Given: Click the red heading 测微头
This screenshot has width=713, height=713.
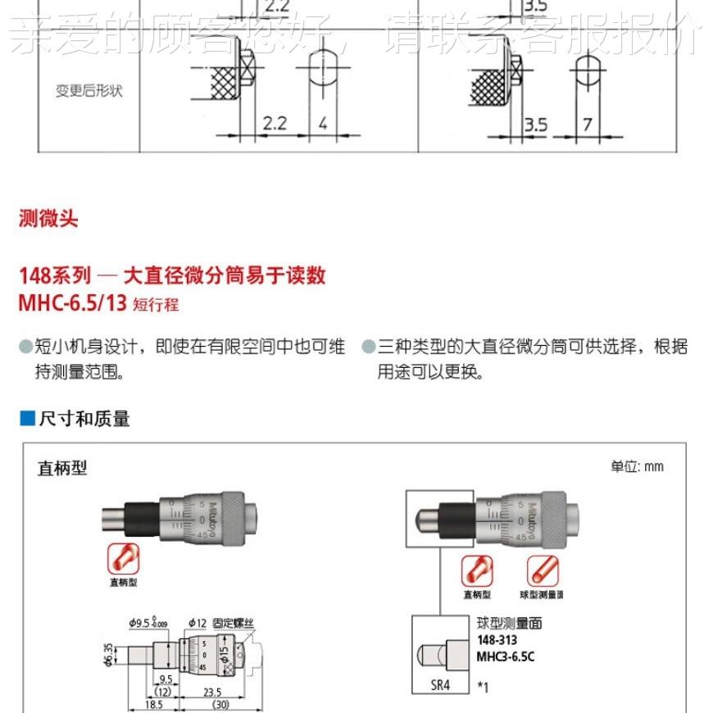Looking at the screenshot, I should [x=48, y=219].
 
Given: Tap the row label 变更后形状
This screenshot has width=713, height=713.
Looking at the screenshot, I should [x=89, y=91].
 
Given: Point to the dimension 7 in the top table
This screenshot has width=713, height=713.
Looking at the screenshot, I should [x=587, y=124].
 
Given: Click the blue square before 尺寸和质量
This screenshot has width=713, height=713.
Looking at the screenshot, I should [x=27, y=419].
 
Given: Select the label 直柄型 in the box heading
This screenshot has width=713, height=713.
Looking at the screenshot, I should [x=62, y=468].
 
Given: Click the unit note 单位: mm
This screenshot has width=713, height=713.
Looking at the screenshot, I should [x=637, y=466].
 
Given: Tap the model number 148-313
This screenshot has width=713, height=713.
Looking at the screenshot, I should [x=497, y=640].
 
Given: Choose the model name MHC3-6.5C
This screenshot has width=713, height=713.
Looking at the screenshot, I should [x=506, y=656].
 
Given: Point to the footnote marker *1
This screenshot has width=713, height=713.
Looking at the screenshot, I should [x=483, y=687].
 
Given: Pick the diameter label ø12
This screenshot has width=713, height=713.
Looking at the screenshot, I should [x=197, y=623].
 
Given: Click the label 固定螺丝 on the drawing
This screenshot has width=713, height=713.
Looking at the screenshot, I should [x=234, y=623].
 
